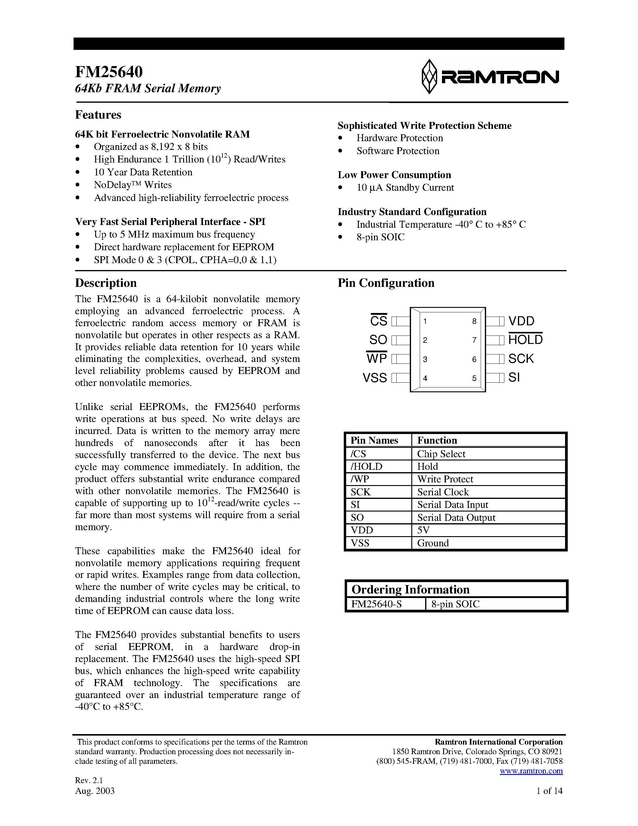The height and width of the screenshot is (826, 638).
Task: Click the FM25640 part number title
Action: click(109, 72)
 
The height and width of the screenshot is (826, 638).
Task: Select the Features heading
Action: click(98, 115)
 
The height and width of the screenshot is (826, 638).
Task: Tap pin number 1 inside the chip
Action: click(425, 321)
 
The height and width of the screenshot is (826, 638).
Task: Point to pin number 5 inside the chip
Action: click(474, 378)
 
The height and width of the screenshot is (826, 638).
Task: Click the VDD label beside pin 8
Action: click(521, 321)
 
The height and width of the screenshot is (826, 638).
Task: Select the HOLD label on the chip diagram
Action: click(525, 340)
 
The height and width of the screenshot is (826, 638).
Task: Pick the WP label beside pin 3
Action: click(377, 358)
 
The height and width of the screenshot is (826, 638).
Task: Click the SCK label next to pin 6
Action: click(521, 359)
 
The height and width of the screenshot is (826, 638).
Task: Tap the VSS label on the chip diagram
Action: click(375, 378)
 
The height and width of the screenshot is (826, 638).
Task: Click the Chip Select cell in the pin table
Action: click(441, 454)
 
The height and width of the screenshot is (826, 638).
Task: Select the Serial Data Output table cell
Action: click(456, 518)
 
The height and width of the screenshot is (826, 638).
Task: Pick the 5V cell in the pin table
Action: click(423, 530)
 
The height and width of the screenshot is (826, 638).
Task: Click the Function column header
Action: click(437, 440)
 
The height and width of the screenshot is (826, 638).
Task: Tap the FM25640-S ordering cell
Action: click(376, 604)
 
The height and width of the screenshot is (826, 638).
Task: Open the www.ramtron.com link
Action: click(531, 771)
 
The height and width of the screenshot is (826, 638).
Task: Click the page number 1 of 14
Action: click(549, 791)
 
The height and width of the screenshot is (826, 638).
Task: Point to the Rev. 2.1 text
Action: click(89, 780)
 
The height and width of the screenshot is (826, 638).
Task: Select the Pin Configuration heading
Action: click(386, 283)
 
